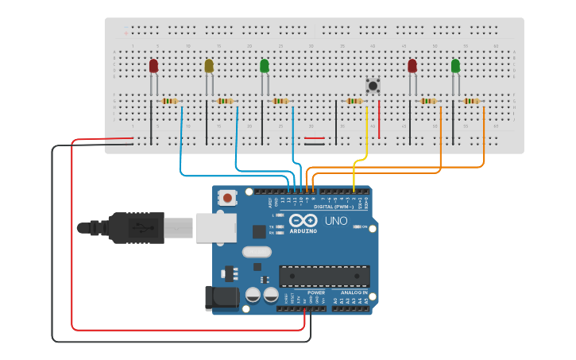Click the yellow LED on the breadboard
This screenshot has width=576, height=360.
click(209, 66)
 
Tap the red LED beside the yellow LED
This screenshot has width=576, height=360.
click(153, 66)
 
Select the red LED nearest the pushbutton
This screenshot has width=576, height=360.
click(412, 66)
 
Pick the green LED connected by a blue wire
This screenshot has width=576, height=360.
click(265, 66)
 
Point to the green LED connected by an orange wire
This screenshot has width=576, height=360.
click(455, 66)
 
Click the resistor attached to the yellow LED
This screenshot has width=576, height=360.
click(226, 101)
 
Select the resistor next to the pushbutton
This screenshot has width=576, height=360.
click(354, 101)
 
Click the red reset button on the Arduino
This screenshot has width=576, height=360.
click(228, 198)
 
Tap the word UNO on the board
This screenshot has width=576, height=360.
click(336, 221)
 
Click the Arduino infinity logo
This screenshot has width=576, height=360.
click(303, 220)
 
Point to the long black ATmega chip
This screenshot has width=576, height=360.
click(324, 276)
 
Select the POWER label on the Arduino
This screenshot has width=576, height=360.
click(315, 292)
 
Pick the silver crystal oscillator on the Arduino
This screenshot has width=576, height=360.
click(257, 253)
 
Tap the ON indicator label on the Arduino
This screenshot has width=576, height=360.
click(365, 227)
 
